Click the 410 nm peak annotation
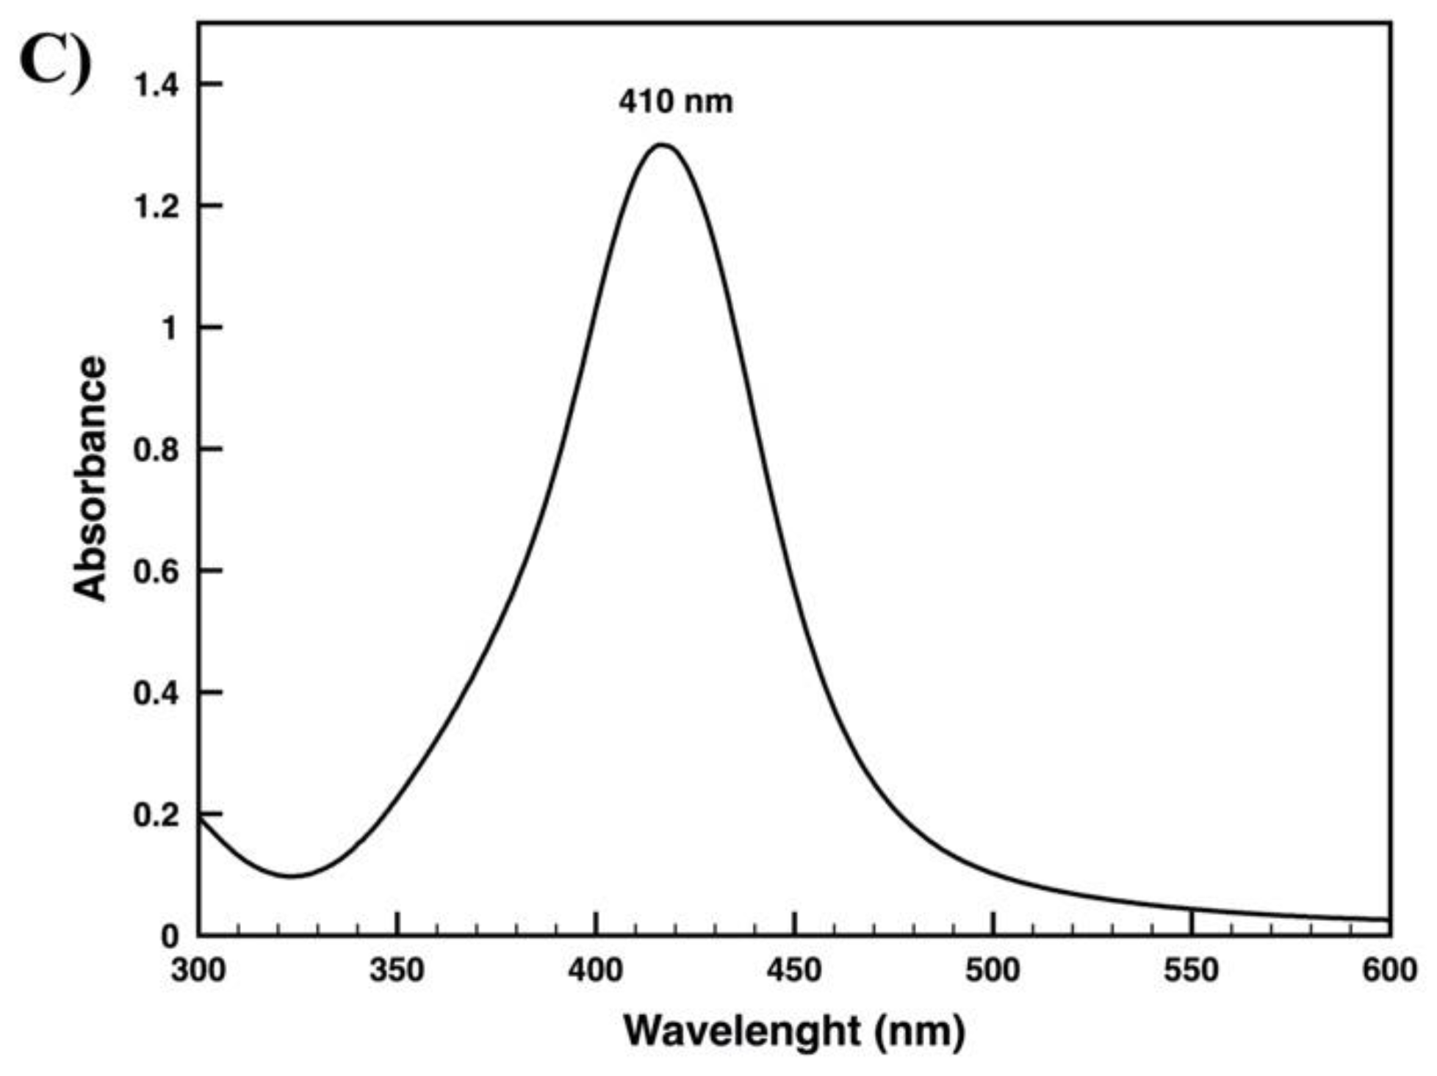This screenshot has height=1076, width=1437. point(675,101)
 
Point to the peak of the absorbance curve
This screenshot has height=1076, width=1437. point(662,145)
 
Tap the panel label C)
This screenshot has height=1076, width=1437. point(56,63)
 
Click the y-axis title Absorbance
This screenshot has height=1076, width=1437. point(90,479)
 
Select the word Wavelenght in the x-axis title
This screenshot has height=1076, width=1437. point(742,1030)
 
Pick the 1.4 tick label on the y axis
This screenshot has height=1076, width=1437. point(156,85)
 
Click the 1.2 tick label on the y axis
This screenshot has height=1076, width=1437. point(156,206)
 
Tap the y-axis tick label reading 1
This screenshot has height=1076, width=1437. point(170,328)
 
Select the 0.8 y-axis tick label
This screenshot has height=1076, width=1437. point(156,449)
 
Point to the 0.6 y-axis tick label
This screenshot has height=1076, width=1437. point(156,571)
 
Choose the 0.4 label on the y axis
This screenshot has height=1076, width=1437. point(156,693)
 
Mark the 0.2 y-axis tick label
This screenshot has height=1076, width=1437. point(156,815)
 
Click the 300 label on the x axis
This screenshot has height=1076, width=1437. point(198,970)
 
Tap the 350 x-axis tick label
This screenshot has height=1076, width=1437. point(397,970)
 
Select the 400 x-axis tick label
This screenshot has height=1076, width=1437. point(596,970)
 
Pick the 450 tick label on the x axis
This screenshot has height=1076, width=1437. point(794,970)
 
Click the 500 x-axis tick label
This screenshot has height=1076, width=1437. point(993,970)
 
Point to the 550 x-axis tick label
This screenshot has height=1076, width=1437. point(1192,970)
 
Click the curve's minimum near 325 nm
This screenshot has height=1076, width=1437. point(292,875)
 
